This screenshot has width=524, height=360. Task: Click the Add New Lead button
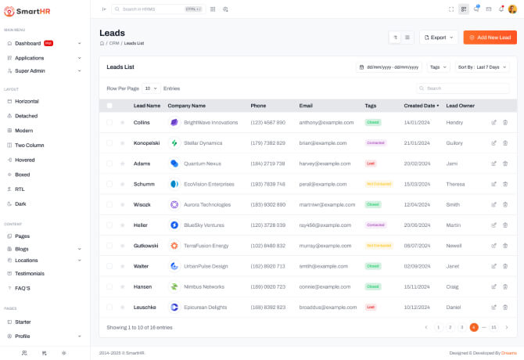(x=490, y=37)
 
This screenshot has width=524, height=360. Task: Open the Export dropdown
(x=439, y=37)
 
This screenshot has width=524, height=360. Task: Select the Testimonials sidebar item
(x=29, y=273)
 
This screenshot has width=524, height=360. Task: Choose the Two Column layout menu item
(x=29, y=145)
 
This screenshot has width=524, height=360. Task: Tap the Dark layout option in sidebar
(x=21, y=203)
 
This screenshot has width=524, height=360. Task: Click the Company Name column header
(x=186, y=105)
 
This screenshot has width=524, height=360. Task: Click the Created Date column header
(x=421, y=105)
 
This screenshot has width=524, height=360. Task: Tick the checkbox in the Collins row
(x=109, y=122)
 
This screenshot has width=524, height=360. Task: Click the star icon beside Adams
(x=122, y=164)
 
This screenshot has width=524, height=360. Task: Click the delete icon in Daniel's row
(x=505, y=307)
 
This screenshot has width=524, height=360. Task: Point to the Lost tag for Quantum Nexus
(x=371, y=164)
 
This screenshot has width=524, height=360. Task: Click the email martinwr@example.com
(x=327, y=204)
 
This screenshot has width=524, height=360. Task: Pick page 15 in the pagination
(x=493, y=327)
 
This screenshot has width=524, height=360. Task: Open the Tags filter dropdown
(x=439, y=67)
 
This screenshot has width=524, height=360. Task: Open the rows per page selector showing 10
(x=150, y=88)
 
